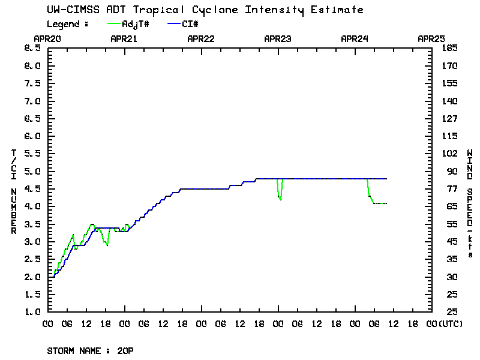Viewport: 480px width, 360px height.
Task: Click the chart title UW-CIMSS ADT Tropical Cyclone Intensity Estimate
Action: pos(205,10)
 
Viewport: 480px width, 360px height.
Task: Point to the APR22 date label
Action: pos(201,38)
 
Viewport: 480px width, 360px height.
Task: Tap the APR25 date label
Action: pos(431,38)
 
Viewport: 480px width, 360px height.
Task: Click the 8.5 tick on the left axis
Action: pos(32,48)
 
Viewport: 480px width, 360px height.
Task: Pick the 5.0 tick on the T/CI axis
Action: pos(32,172)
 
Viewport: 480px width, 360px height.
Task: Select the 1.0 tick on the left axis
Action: pos(32,312)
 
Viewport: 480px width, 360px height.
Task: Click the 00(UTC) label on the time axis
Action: pos(442,323)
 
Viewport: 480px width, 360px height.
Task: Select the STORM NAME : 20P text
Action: pos(90,350)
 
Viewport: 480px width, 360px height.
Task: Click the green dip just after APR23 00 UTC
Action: pos(280,199)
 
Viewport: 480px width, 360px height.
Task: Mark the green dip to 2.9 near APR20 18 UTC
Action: pos(107,245)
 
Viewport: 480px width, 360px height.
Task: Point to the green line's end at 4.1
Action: pos(386,203)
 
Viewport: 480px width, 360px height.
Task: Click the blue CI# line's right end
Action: pos(386,179)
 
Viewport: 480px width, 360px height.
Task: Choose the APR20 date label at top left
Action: pos(47,38)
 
